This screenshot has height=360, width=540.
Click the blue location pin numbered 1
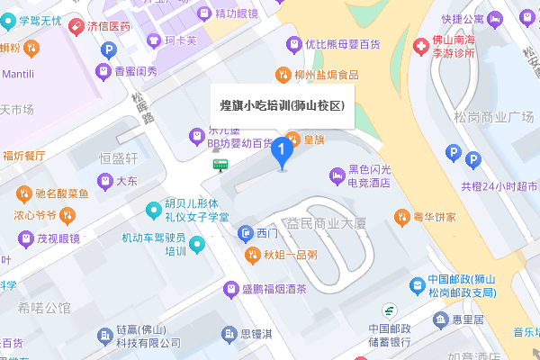(282, 150)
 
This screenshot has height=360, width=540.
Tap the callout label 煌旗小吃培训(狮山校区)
(283, 104)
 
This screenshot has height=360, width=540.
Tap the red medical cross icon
(420, 45)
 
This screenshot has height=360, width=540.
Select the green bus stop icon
(220, 164)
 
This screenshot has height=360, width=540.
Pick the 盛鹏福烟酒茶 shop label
(274, 290)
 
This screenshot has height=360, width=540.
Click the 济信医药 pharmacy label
(109, 26)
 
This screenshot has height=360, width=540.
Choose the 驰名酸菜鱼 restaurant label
(62, 193)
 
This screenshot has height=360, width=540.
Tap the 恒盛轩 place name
(118, 158)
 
